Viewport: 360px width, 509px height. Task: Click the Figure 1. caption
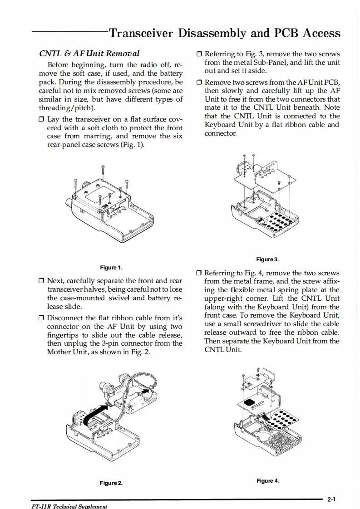[111, 267]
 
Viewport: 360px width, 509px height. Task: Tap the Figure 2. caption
[111, 483]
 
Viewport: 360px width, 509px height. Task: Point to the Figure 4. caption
[267, 480]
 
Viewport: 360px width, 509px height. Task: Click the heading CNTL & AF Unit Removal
[90, 54]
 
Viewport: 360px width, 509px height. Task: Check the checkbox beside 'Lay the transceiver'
[42, 119]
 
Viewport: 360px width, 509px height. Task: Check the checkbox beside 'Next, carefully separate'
[42, 280]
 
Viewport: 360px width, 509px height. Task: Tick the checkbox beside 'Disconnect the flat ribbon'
[42, 318]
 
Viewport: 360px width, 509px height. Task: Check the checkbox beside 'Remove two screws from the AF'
[199, 83]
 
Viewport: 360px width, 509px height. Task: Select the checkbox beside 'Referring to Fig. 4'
[199, 273]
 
